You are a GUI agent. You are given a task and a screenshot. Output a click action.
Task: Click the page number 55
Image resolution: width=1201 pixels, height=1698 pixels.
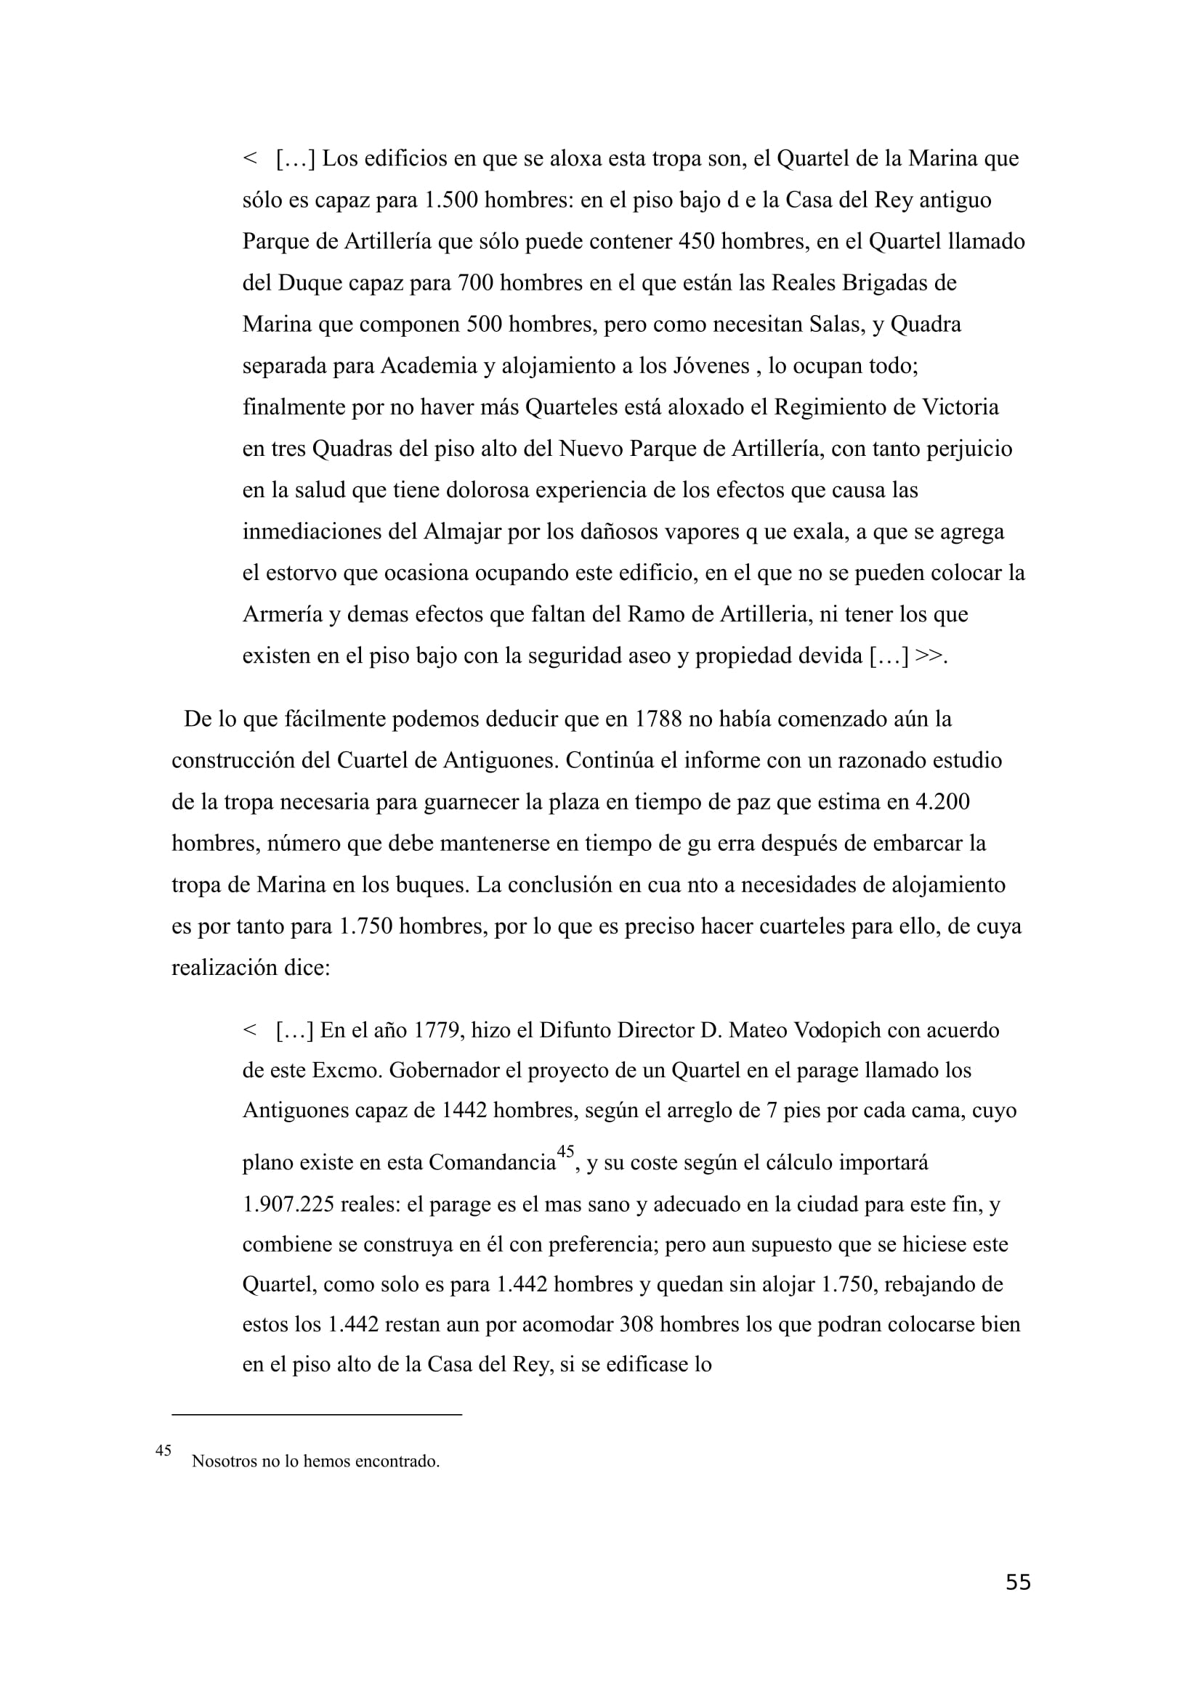1017,1582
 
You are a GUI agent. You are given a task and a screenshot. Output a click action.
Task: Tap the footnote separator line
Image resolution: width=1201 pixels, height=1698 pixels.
316,1415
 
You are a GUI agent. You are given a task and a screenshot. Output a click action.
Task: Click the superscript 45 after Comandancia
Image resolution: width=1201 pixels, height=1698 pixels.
565,1151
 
